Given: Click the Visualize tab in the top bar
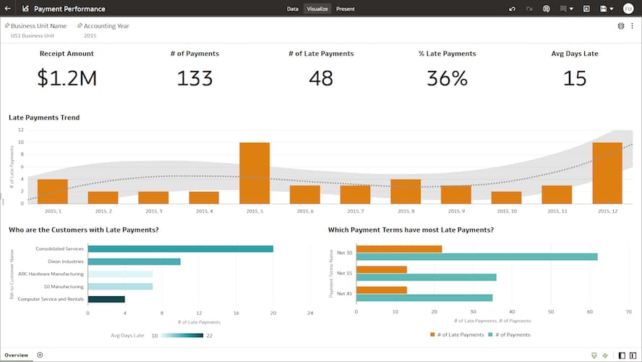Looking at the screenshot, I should pyautogui.click(x=317, y=9).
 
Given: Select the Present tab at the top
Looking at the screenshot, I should pyautogui.click(x=345, y=9).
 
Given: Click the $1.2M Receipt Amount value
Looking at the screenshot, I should pyautogui.click(x=67, y=78).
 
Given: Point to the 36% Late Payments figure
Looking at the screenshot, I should pyautogui.click(x=447, y=78).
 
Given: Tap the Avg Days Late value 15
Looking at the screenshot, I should pyautogui.click(x=574, y=78).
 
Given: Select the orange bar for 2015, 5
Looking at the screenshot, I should pyautogui.click(x=254, y=173).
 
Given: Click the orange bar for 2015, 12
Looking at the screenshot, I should pyautogui.click(x=607, y=173).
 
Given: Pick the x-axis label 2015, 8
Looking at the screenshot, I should pyautogui.click(x=406, y=211).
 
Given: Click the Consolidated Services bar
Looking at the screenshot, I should pyautogui.click(x=180, y=249).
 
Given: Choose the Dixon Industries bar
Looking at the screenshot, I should pyautogui.click(x=134, y=261).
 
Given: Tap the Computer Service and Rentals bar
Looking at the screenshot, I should pyautogui.click(x=106, y=299).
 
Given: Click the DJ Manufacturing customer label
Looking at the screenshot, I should pyautogui.click(x=64, y=287).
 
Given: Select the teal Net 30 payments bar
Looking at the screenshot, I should pyautogui.click(x=476, y=256).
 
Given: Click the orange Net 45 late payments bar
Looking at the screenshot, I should pyautogui.click(x=382, y=290).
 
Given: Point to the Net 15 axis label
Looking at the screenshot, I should pyautogui.click(x=344, y=273).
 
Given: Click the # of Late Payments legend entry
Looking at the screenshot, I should pyautogui.click(x=457, y=334).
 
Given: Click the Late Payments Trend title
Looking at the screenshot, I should pyautogui.click(x=44, y=117).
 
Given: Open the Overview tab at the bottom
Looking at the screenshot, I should pyautogui.click(x=16, y=355).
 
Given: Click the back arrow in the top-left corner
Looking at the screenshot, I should pyautogui.click(x=7, y=9).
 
